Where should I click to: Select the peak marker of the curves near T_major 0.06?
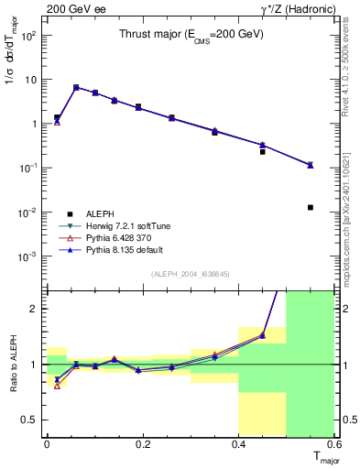[x=76, y=87]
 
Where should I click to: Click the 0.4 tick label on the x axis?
[x=238, y=443]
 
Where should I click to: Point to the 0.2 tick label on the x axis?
[x=142, y=443]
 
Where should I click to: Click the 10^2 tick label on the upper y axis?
[x=29, y=36]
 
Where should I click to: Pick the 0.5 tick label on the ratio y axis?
[x=29, y=420]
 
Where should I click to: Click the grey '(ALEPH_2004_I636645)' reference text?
[x=191, y=274]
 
